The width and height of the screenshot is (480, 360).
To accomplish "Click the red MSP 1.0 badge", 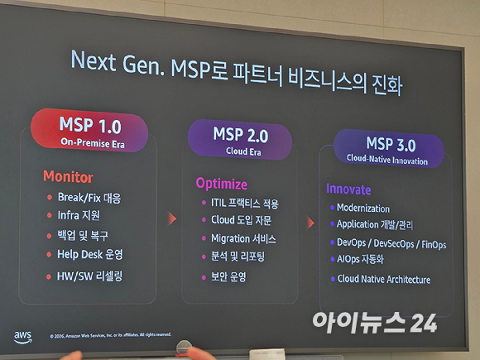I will [89, 130].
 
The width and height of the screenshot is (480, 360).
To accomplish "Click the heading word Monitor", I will [68, 177].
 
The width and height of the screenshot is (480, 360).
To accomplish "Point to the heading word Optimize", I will [221, 183].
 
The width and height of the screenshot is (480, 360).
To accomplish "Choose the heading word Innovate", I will [348, 190].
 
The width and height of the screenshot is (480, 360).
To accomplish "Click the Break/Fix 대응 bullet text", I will [89, 198].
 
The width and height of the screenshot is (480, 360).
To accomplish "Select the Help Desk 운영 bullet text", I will [89, 254].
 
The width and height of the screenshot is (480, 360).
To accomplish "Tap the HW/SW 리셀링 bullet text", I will [89, 275].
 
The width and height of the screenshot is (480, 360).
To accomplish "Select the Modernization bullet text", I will [362, 209].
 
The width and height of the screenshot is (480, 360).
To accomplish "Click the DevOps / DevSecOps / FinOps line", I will [391, 244].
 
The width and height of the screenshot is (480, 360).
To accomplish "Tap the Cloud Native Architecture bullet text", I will [384, 280].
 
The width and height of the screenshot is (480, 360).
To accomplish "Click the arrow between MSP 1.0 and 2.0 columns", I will [173, 218].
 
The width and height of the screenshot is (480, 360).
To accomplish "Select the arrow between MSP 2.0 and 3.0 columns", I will [310, 223].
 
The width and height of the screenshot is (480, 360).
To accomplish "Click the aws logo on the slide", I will [23, 336].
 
